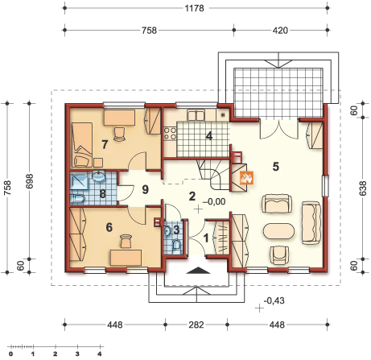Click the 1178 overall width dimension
[195, 8]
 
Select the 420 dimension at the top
[280, 31]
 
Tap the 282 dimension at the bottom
[196, 325]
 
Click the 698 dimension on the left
[30, 180]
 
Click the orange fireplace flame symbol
[246, 177]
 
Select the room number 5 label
[276, 167]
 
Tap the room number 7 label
[105, 144]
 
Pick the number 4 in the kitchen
[209, 136]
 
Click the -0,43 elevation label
[274, 300]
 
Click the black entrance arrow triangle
[198, 271]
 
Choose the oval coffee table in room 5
[278, 231]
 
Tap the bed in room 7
[82, 145]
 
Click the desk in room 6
[126, 258]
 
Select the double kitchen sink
[196, 115]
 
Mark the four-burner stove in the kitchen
[171, 134]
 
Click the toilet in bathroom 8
[77, 199]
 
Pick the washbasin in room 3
[167, 231]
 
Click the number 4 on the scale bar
[100, 354]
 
